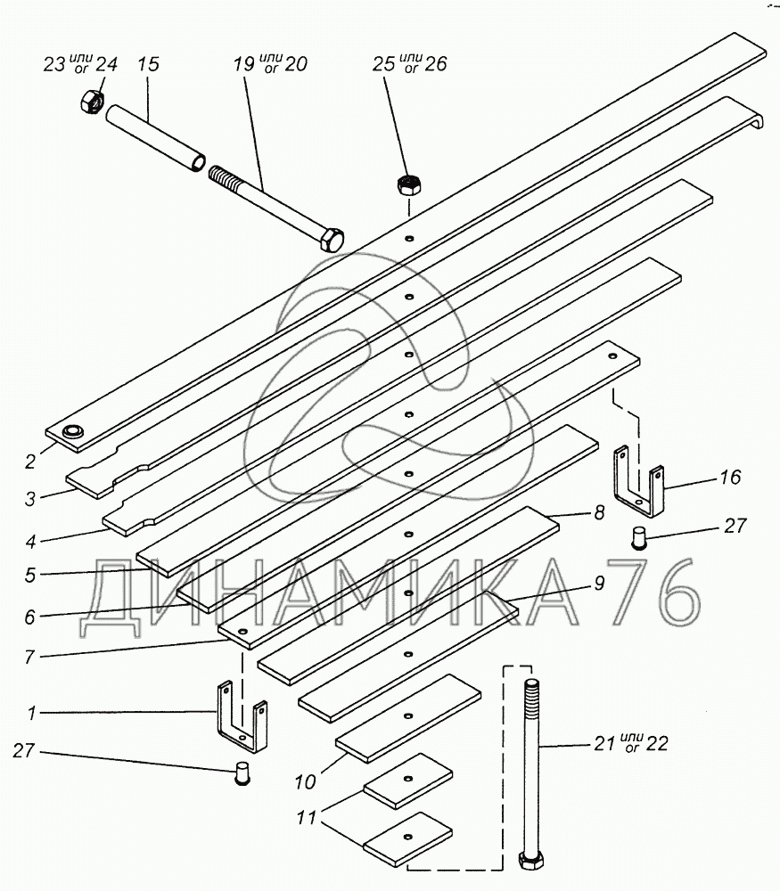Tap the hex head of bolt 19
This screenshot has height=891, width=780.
pyautogui.click(x=332, y=240)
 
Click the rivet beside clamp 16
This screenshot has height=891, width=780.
pyautogui.click(x=637, y=538)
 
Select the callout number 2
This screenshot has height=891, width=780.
pyautogui.click(x=30, y=461)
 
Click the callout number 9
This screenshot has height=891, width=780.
pyautogui.click(x=598, y=584)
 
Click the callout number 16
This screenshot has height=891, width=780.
pyautogui.click(x=729, y=478)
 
